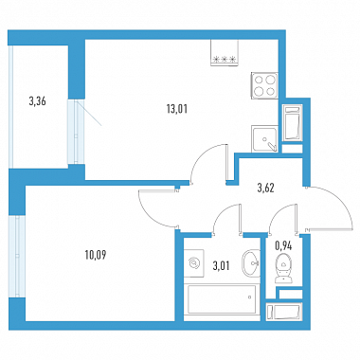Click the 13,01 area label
[177, 109]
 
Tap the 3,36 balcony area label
[37, 101]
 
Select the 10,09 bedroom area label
[96, 255]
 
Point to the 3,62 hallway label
[265, 189]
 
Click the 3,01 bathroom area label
[221, 266]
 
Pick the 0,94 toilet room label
[283, 246]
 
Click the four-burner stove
[264, 85]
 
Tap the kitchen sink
[264, 138]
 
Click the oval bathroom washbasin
[251, 263]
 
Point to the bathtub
[222, 299]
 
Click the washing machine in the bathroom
[194, 262]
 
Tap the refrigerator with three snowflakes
[224, 53]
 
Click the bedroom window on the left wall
[17, 256]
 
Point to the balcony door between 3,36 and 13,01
[76, 132]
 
